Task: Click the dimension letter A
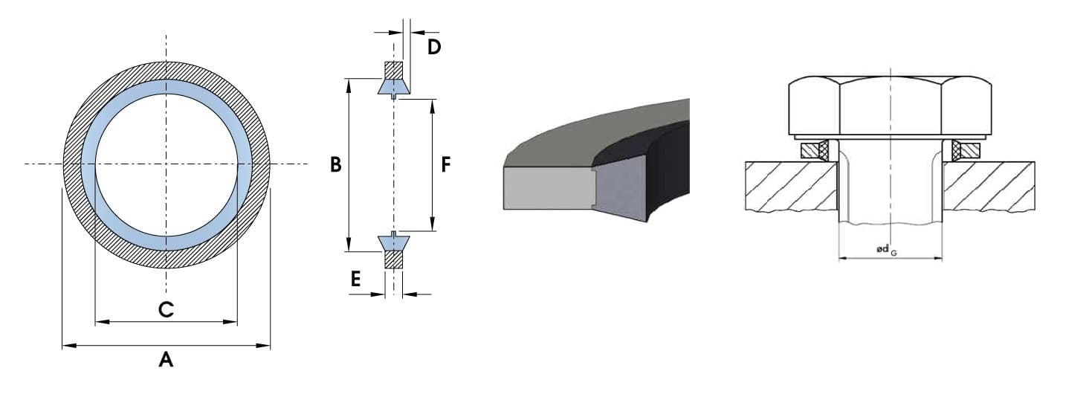[166, 361]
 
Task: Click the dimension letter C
[167, 310]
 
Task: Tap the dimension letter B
[336, 165]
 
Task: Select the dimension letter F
[445, 165]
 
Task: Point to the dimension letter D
[434, 48]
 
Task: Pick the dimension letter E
[355, 280]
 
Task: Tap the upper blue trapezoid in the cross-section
[393, 87]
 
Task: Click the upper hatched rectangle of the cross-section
[393, 69]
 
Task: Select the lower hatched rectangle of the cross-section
[393, 259]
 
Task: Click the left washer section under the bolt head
[815, 150]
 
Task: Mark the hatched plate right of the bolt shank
[989, 186]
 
